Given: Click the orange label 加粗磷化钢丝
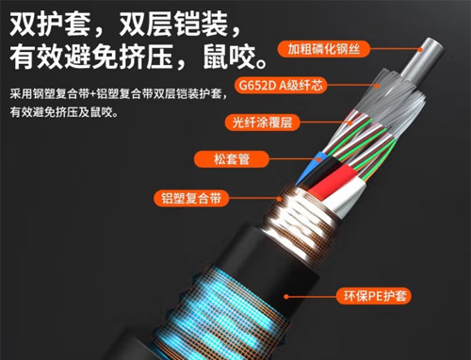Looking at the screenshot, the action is tap(324, 49).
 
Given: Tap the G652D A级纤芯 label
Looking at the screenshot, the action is tap(281, 85).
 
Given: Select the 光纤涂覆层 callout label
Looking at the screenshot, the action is tap(262, 123).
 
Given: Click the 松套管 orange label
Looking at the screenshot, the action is tap(232, 159).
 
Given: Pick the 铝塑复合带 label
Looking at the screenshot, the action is tap(191, 198).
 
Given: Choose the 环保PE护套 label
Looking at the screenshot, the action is tap(374, 296).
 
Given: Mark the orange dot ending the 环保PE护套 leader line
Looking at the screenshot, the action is tap(286, 296).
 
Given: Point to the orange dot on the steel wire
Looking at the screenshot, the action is tap(421, 49).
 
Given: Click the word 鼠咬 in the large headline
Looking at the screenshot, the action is tap(229, 57).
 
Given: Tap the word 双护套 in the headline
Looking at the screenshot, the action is tap(50, 24).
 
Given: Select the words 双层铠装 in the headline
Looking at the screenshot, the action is tap(173, 24).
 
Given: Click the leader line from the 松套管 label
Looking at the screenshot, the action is tap(294, 159).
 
